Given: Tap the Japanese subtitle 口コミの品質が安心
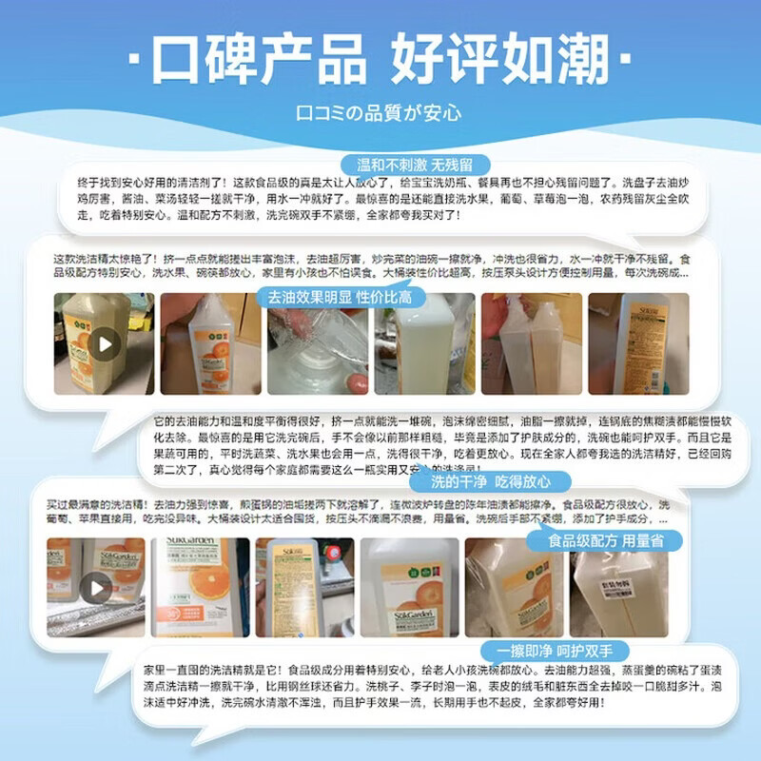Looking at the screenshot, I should [x=380, y=112].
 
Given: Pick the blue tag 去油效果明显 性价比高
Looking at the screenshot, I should [x=346, y=298].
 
